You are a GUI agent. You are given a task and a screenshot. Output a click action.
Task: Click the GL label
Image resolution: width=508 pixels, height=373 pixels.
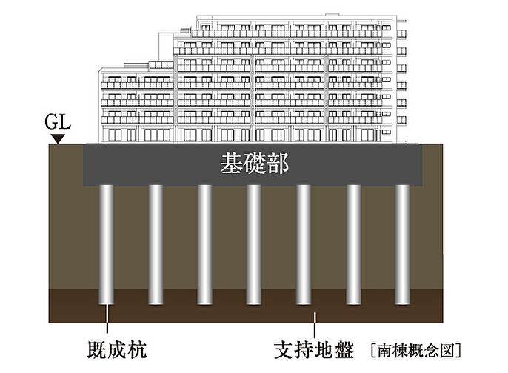[x=58, y=122]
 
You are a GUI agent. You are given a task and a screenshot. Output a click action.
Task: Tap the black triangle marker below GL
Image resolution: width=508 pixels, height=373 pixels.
[x=59, y=138]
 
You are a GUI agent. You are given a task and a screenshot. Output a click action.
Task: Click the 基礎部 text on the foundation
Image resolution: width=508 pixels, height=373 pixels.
[x=254, y=164]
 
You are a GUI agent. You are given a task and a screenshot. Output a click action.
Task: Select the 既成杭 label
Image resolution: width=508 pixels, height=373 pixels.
[x=117, y=350]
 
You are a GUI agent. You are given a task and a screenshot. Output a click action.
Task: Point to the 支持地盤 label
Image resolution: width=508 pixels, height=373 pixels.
[x=314, y=350]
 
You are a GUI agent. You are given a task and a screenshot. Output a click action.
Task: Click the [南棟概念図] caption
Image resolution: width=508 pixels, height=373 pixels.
[x=415, y=351]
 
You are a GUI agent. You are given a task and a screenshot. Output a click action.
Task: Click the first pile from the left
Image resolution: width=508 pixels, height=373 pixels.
[x=107, y=244]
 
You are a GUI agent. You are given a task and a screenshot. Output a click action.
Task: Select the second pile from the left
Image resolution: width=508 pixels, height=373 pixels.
[x=156, y=244]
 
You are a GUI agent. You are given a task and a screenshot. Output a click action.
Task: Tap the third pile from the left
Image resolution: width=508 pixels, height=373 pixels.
[x=204, y=244]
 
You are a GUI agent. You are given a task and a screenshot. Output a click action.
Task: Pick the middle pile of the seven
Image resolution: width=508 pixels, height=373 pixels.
[x=254, y=244]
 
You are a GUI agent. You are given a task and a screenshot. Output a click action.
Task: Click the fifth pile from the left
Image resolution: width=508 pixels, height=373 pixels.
[x=304, y=244]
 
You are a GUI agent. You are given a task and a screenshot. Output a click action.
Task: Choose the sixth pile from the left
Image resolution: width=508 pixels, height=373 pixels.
[x=353, y=244]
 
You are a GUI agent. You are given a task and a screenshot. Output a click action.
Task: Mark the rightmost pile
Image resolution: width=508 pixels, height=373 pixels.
[x=402, y=244]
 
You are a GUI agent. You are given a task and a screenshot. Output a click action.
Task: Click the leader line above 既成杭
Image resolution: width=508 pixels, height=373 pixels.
[x=107, y=319]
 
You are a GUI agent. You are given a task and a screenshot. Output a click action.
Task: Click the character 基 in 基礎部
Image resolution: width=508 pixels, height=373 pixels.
[x=231, y=164]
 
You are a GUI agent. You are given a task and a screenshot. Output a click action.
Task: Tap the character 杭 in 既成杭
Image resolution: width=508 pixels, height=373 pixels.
[x=138, y=350]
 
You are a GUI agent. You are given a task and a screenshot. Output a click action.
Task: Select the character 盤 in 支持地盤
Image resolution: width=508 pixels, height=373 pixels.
[x=344, y=350]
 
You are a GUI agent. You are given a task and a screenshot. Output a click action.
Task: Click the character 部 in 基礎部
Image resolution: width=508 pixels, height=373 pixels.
[x=278, y=164]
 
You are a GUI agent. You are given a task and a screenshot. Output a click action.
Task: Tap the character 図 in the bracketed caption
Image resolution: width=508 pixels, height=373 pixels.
[x=449, y=351]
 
